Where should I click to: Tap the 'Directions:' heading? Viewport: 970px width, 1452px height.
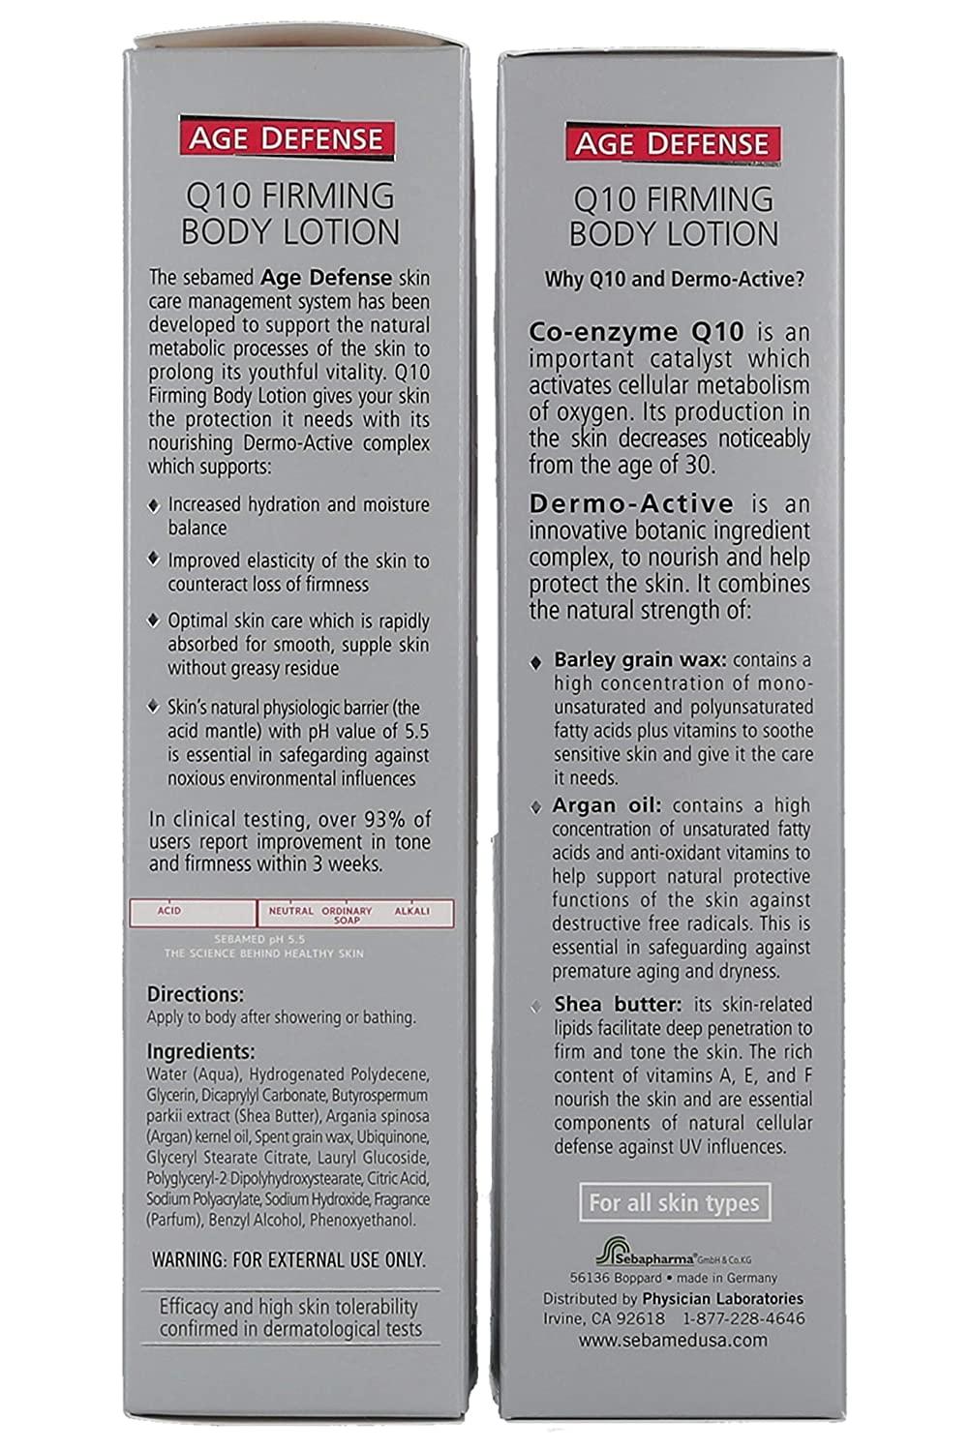195,995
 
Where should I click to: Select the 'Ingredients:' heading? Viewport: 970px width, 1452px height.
200,1052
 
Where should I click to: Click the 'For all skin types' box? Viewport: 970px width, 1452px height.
674,1203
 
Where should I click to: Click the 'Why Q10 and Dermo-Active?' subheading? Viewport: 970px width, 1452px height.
677,280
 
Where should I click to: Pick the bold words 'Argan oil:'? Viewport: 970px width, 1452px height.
607,805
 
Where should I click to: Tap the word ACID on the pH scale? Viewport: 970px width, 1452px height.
169,911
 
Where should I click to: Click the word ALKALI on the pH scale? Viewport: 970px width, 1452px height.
411,911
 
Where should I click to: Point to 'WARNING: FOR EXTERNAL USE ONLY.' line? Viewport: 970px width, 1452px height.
288,1260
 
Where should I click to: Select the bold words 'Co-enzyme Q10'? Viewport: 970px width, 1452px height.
636,331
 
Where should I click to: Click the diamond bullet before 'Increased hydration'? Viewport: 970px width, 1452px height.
153,506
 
